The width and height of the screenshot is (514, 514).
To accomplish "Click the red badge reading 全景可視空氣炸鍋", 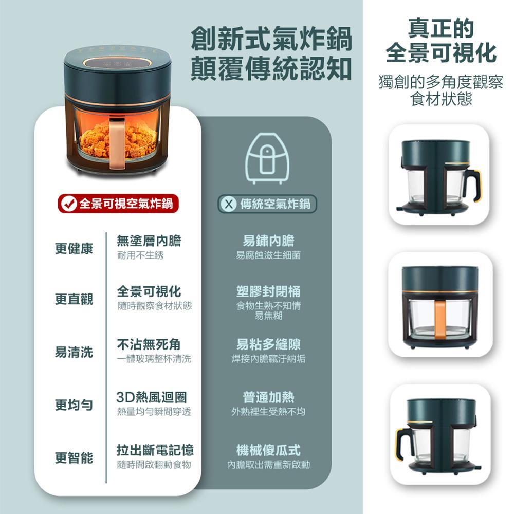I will [117, 204].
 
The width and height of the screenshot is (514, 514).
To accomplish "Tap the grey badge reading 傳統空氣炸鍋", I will [266, 204].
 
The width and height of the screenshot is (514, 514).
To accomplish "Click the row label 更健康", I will [75, 248].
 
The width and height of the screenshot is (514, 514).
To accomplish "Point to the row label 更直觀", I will [75, 299].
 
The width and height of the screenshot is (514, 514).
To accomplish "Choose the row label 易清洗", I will [75, 352].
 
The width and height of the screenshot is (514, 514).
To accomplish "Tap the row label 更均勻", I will [75, 405].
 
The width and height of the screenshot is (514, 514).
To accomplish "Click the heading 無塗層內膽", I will [149, 241].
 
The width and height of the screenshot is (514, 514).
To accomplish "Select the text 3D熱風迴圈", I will [152, 397].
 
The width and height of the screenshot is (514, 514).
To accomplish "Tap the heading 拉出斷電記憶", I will [156, 450].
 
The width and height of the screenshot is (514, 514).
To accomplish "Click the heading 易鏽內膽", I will [268, 241].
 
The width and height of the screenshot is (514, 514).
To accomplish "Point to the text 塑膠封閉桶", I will [268, 291].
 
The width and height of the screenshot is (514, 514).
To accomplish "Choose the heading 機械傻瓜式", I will [268, 450].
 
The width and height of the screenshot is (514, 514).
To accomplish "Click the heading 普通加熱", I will [268, 397].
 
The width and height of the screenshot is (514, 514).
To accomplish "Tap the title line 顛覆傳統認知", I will [271, 68].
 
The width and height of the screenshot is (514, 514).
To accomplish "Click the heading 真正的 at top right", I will [440, 28].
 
